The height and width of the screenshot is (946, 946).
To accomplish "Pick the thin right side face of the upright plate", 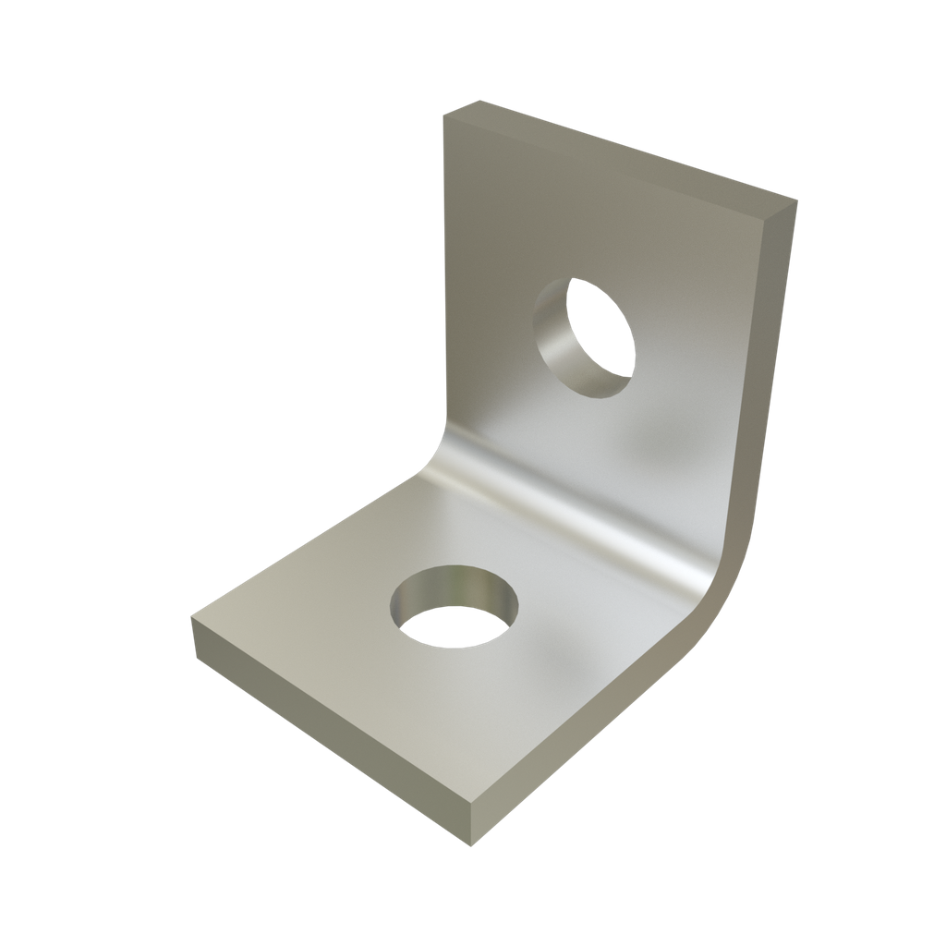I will (762, 370).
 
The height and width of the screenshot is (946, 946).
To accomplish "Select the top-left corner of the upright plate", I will (445, 116).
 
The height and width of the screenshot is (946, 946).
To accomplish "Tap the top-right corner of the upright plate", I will (794, 200).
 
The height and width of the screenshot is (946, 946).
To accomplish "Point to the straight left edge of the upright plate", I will (445, 277).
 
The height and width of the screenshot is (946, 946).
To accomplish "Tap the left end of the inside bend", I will (434, 453).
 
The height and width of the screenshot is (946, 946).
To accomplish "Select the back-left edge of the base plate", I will (305, 545).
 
